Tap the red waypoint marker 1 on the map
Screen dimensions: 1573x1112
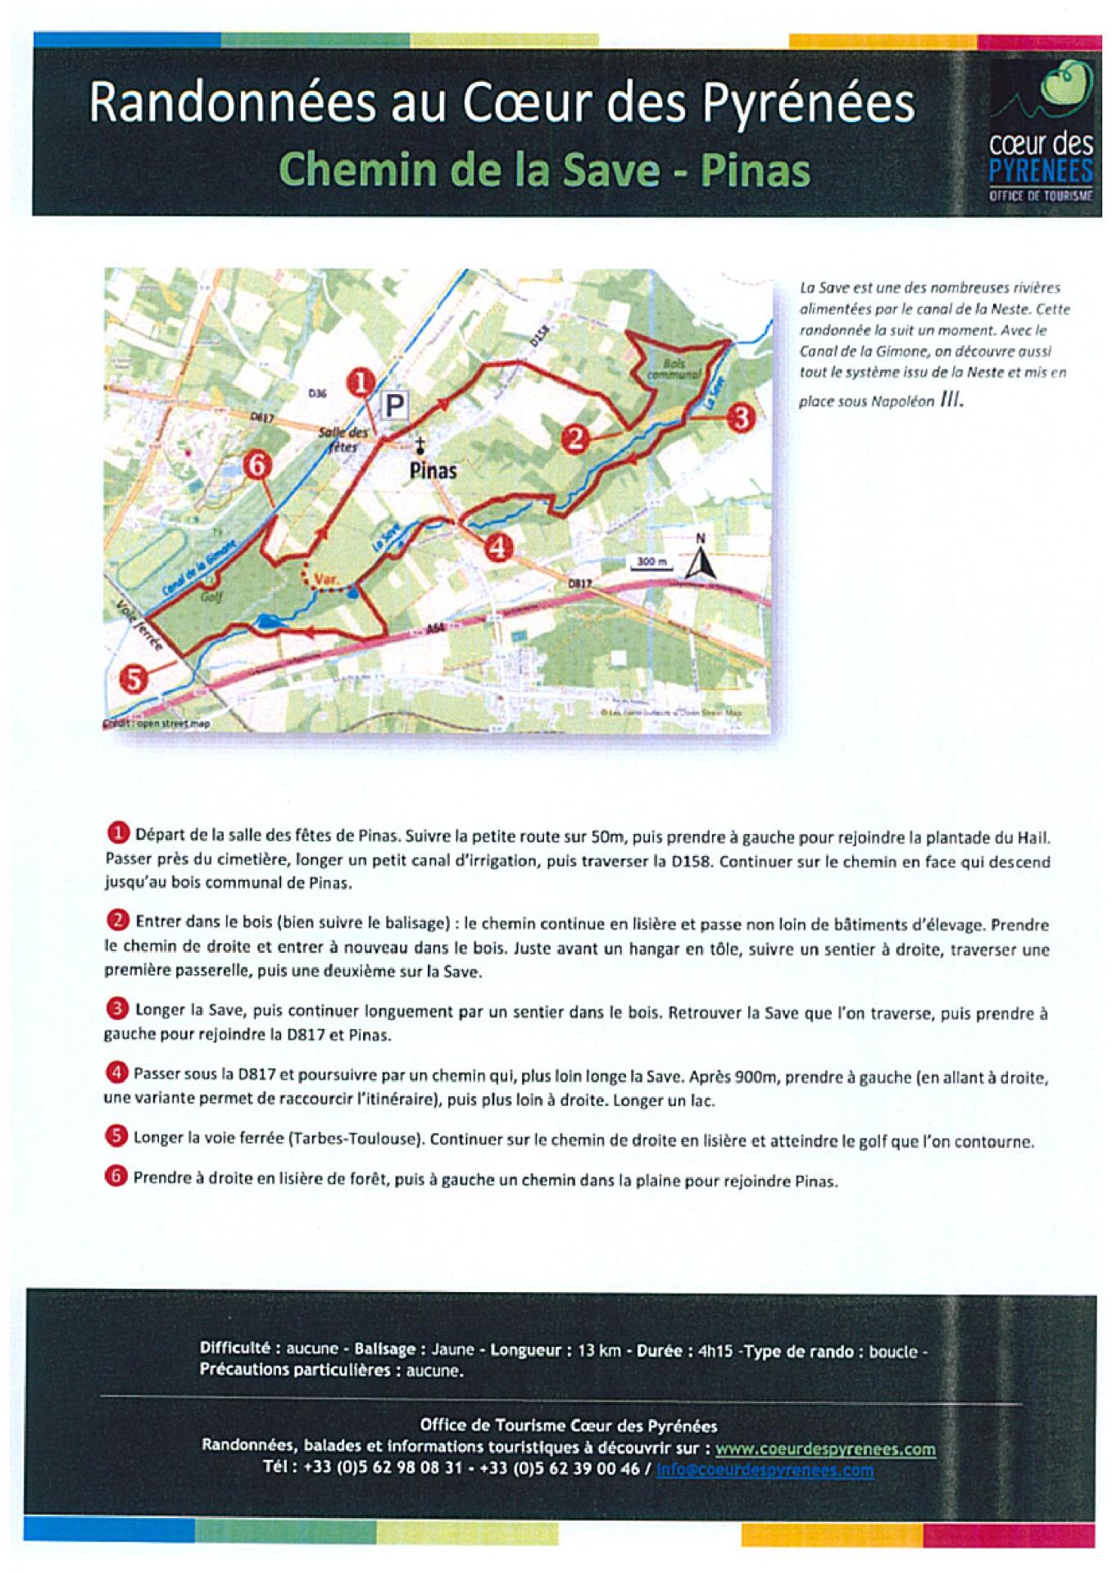click(x=361, y=382)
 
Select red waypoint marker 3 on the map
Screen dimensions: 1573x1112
click(x=740, y=418)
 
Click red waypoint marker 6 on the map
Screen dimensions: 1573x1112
click(x=256, y=466)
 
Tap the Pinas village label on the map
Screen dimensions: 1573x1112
click(x=433, y=470)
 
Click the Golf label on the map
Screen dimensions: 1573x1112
click(x=211, y=596)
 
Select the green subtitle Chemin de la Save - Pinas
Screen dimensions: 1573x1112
click(x=544, y=170)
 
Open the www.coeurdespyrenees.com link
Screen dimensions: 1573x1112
click(x=825, y=1448)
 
